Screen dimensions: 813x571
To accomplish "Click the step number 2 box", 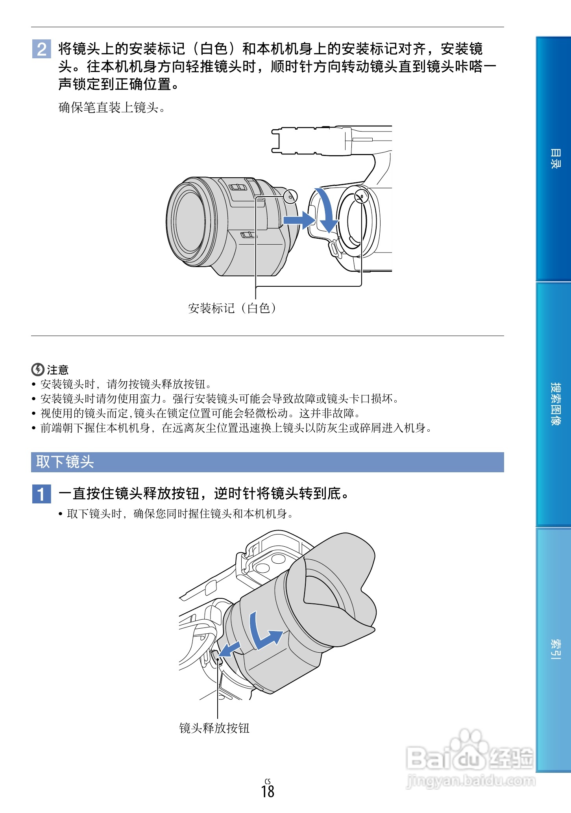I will (41, 49).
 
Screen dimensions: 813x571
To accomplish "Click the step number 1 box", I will (41, 494).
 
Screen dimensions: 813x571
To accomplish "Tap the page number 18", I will (268, 791).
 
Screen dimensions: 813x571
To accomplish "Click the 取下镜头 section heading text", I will (65, 462).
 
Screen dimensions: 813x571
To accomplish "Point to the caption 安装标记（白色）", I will (232, 308).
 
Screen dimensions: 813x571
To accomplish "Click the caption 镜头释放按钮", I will (214, 728).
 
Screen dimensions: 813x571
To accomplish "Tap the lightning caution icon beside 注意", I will (37, 369).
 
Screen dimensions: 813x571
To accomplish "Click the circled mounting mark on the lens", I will (290, 196).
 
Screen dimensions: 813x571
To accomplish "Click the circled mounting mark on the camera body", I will (361, 195).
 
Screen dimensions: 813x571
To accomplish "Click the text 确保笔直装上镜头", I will (112, 107).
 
